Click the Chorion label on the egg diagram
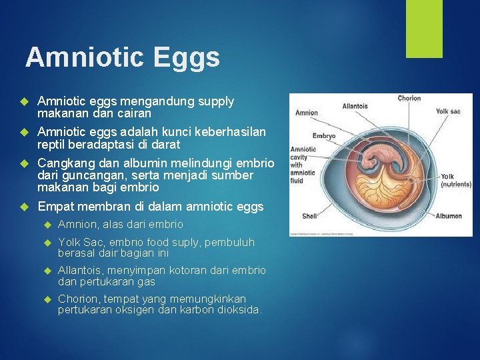coord(409,99)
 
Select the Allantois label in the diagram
coord(355,106)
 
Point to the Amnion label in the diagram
coord(307,113)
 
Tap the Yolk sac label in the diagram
coord(449,111)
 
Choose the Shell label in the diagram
coord(310,216)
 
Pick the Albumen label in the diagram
coord(449,216)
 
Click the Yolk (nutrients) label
coord(456,181)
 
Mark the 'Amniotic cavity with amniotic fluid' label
coord(303,165)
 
